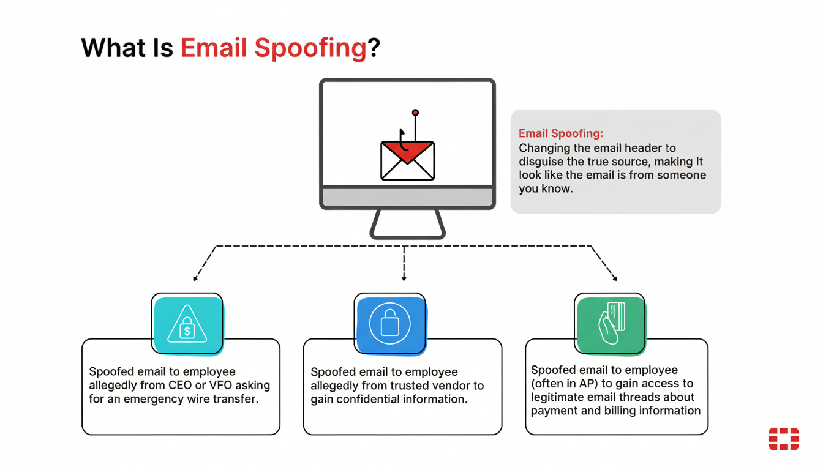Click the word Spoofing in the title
(x=310, y=48)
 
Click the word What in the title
(x=113, y=48)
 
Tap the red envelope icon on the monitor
(x=407, y=160)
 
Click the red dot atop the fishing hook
(x=415, y=113)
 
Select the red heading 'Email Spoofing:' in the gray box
(x=561, y=133)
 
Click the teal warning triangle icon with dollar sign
(x=187, y=324)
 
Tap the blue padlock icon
(x=389, y=323)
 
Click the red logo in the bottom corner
(x=784, y=438)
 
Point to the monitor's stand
(x=407, y=225)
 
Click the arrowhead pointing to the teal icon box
(x=195, y=278)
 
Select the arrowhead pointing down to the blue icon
(x=404, y=278)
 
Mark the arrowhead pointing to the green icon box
(x=615, y=278)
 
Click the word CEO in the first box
(x=180, y=385)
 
